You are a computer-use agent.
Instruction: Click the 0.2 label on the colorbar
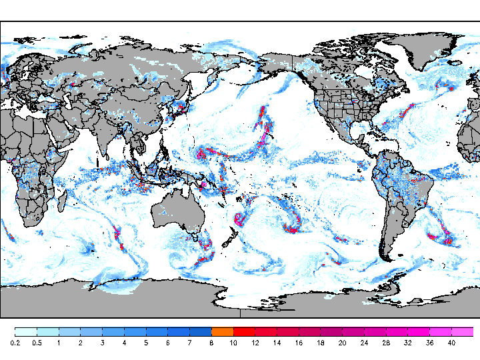(x=15, y=343)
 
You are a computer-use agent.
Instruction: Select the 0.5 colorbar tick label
(x=37, y=343)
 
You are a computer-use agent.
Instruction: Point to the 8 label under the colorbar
(x=211, y=343)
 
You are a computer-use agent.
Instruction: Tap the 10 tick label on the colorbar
(x=233, y=343)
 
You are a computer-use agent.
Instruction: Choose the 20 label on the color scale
(x=342, y=343)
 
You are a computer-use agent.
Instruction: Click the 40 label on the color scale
(x=451, y=343)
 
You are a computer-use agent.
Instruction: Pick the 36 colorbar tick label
(x=429, y=343)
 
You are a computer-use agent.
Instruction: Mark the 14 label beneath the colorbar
(x=277, y=343)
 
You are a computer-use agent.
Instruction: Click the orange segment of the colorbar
(x=222, y=331)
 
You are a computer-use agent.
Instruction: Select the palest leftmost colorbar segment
(x=25, y=331)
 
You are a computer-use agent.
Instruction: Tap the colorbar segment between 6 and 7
(x=179, y=331)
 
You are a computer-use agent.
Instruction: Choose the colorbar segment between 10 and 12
(x=244, y=331)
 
